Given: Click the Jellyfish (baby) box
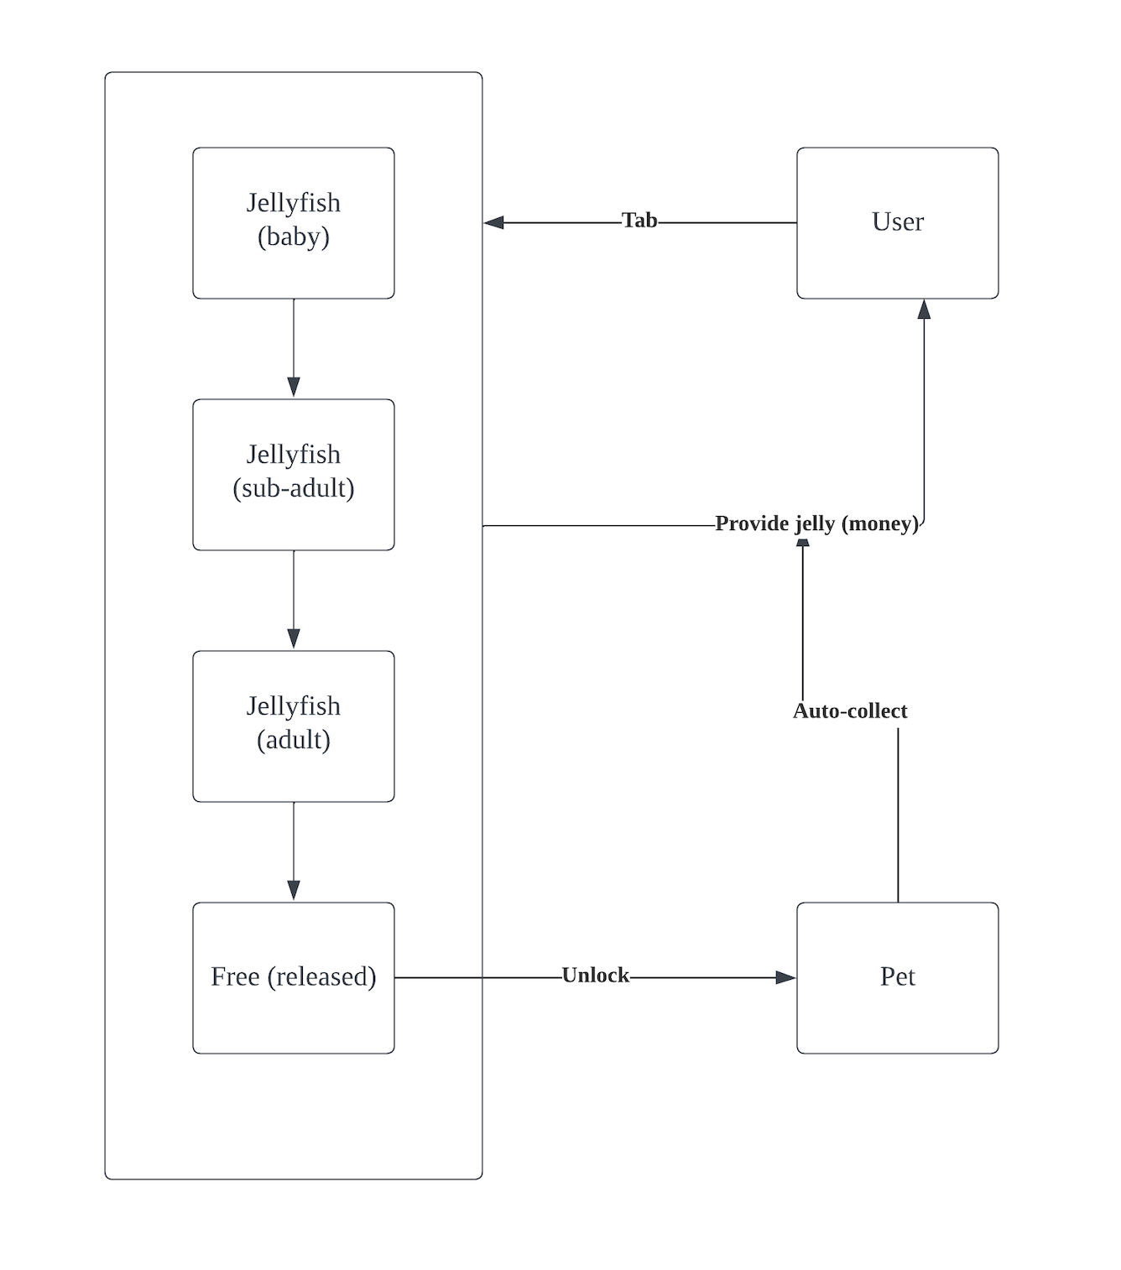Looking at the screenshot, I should click(293, 222).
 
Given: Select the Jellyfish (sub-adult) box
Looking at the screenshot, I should click(293, 474).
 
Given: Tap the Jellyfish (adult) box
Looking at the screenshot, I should click(293, 726).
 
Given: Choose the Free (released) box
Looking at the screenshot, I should click(293, 977).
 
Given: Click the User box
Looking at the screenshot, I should click(897, 222).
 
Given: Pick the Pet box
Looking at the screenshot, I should click(897, 977).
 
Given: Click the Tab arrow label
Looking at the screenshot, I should click(639, 221).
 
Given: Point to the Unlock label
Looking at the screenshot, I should click(595, 976).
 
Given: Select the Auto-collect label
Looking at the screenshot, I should click(850, 711).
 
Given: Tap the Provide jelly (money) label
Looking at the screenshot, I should click(816, 523).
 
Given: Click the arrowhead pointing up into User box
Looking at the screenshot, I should click(924, 310).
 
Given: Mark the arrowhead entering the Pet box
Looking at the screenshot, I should click(785, 977).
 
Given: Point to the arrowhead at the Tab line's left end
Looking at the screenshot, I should click(494, 222).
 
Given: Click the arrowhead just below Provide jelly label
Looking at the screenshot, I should click(803, 544).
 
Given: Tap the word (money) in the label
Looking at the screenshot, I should click(881, 523).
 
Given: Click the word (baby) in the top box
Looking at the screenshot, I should click(293, 237).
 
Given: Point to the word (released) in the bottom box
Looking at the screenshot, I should click(321, 977).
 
